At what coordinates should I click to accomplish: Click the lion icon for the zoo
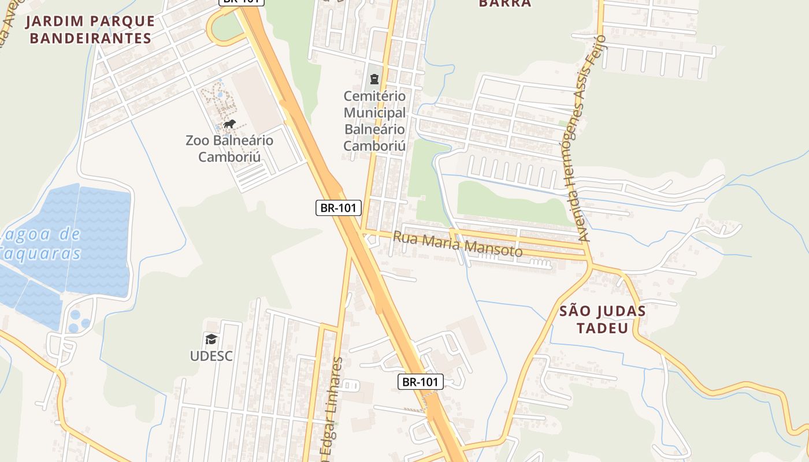[229, 124]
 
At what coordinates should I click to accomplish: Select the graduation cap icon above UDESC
[211, 339]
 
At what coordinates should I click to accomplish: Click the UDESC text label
[211, 356]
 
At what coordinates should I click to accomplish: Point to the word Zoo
[198, 140]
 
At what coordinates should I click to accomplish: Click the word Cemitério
[374, 96]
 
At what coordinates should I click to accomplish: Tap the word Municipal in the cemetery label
[374, 113]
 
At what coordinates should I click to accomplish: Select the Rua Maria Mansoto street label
[458, 244]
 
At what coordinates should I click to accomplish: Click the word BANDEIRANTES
[90, 39]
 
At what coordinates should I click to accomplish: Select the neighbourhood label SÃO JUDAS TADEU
[602, 319]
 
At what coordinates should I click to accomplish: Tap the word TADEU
[602, 328]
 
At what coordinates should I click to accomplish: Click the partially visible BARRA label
[504, 3]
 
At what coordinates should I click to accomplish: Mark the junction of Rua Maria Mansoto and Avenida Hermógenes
[589, 257]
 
